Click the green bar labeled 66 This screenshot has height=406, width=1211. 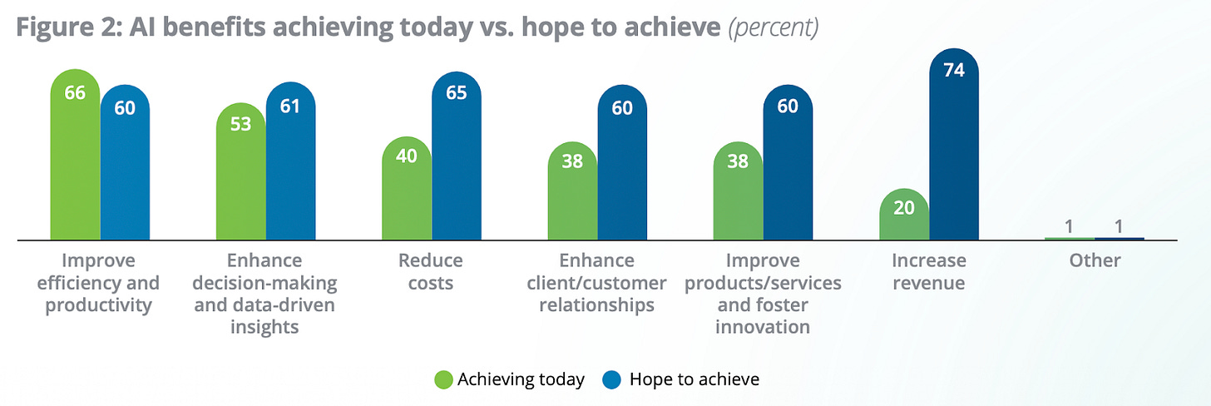(75, 154)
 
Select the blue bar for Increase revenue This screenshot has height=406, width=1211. (954, 144)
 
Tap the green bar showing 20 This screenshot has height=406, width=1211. (904, 214)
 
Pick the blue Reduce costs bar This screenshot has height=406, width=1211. (457, 156)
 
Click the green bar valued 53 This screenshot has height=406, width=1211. (240, 171)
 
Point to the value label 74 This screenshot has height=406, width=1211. (954, 70)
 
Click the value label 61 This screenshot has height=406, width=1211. (289, 106)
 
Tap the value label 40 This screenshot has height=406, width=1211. (407, 156)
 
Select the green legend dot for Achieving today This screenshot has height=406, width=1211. (443, 379)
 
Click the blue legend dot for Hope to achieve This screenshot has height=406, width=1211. (611, 379)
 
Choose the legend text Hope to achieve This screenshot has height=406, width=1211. (694, 379)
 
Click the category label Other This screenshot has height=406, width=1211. (1095, 260)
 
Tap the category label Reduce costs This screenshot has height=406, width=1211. (430, 271)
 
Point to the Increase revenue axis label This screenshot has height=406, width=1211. (929, 271)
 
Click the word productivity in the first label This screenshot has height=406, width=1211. (98, 305)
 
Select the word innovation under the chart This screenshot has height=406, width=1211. (762, 327)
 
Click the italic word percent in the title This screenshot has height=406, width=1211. (774, 27)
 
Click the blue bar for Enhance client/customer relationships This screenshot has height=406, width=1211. (622, 162)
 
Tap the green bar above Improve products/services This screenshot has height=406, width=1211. (738, 191)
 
